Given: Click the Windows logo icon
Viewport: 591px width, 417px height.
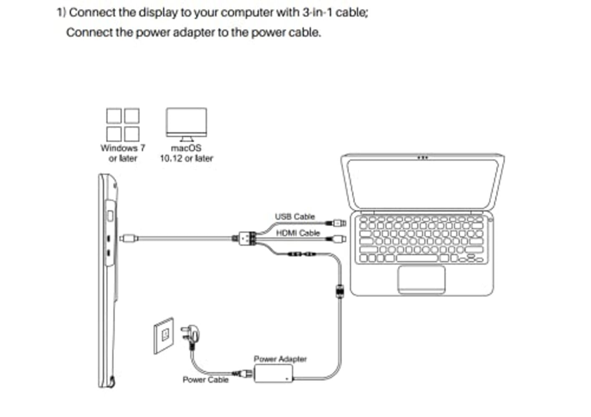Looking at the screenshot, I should click(x=123, y=125).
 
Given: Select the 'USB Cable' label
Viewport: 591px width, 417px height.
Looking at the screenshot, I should click(x=295, y=216).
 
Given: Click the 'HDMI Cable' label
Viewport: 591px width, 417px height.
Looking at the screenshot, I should click(x=298, y=233).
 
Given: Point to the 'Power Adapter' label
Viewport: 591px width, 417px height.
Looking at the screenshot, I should click(x=280, y=359).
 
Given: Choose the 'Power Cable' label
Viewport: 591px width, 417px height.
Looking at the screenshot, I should click(x=205, y=379).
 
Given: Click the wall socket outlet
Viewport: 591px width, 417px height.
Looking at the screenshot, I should click(x=164, y=335).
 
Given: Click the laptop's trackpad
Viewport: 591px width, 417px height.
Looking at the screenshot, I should click(x=421, y=279).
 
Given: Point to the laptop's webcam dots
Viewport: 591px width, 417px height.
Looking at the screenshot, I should click(x=422, y=158).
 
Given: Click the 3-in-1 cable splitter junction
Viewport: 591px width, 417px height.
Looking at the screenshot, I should click(x=247, y=239).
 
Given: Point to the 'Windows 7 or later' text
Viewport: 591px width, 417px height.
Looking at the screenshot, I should click(x=123, y=153).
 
